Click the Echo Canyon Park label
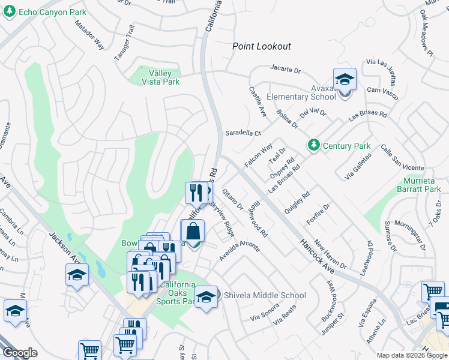click(x=52, y=12)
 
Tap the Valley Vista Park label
click(x=160, y=77)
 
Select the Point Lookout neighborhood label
click(x=262, y=46)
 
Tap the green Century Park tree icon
click(x=313, y=145)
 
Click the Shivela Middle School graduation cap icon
click(x=206, y=297)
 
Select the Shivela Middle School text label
click(x=265, y=295)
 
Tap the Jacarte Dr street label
click(x=285, y=70)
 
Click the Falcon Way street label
click(x=259, y=155)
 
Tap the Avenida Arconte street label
click(x=239, y=251)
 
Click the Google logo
click(x=20, y=353)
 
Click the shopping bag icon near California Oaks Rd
click(x=193, y=232)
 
